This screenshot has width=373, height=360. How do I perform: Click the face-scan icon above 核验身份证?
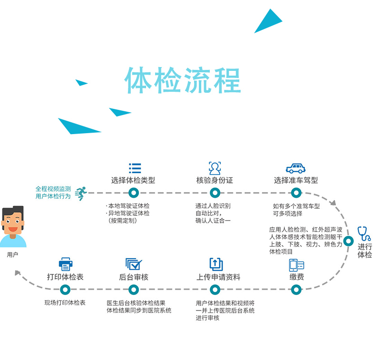(215, 168)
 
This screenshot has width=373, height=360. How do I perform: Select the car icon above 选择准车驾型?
(295, 168)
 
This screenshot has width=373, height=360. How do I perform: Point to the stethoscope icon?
(364, 234)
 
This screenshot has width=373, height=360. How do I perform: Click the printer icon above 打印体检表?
(65, 264)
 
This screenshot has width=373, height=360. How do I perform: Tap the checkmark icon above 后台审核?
(133, 264)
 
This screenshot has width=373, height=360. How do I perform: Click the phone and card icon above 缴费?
(296, 265)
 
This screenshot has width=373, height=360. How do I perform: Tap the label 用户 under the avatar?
(12, 255)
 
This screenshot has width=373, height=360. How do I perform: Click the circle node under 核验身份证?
(215, 193)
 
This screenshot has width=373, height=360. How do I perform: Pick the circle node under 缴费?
(296, 289)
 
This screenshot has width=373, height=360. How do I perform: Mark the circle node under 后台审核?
(134, 289)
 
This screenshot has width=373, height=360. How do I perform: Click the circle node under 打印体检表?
(66, 289)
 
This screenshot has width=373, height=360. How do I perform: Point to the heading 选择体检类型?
(133, 181)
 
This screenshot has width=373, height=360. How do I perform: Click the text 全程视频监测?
(53, 189)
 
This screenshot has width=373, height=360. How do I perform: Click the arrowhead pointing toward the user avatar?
(18, 273)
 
